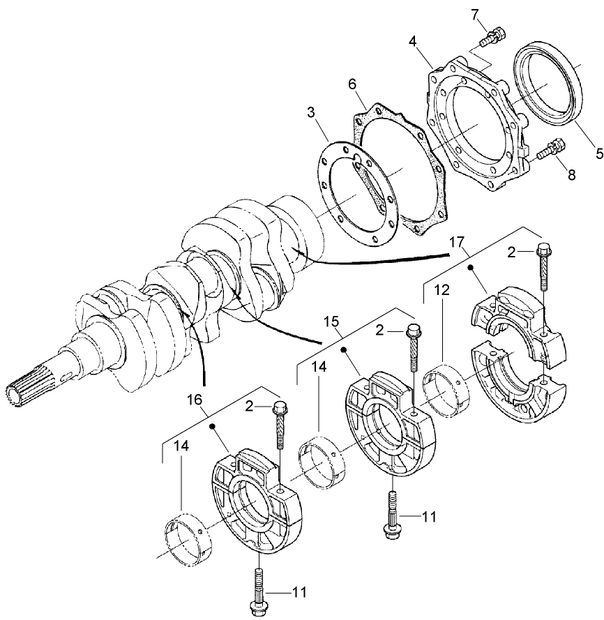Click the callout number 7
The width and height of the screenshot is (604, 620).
(494, 13)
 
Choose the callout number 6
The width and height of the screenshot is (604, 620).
(352, 84)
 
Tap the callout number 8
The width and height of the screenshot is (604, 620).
(571, 174)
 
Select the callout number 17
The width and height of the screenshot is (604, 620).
(457, 243)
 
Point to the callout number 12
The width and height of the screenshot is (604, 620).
(440, 289)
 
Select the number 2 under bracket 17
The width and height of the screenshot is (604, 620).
(511, 253)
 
